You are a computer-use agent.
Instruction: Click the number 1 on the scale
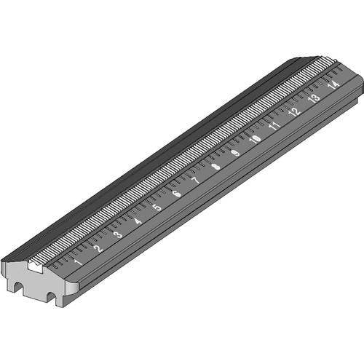click(78, 261)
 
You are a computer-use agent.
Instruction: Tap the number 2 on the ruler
click(98, 248)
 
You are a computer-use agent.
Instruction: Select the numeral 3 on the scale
click(117, 234)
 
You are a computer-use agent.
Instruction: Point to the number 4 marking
click(137, 221)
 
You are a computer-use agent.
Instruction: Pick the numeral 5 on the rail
click(157, 207)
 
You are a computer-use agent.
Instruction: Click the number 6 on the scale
click(176, 194)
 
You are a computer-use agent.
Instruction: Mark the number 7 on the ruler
click(195, 181)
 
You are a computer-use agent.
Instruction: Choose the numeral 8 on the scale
click(215, 167)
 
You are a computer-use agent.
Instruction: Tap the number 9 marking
click(234, 153)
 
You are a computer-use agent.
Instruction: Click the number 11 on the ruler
click(274, 126)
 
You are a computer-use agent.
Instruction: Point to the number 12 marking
click(294, 112)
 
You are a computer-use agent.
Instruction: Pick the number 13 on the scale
click(314, 98)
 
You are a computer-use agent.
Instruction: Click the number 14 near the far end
click(333, 84)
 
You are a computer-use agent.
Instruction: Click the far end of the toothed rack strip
click(329, 61)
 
